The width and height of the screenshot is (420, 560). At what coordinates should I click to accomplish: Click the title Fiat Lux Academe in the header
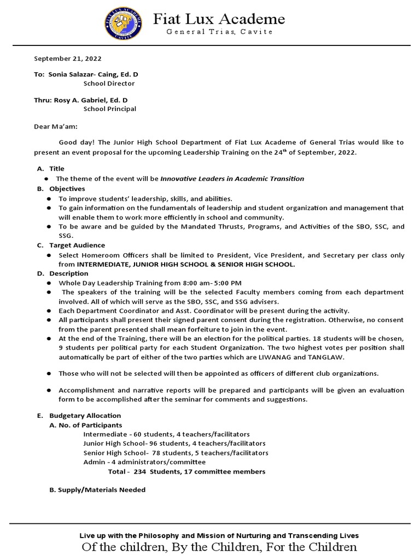pyautogui.click(x=219, y=20)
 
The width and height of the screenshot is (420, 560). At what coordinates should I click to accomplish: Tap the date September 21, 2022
pyautogui.click(x=68, y=59)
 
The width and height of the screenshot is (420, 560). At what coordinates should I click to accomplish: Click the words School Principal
pyautogui.click(x=109, y=109)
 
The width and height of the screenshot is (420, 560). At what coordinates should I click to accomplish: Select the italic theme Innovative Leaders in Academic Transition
pyautogui.click(x=232, y=179)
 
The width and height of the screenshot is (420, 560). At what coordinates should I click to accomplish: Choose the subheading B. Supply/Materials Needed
pyautogui.click(x=97, y=490)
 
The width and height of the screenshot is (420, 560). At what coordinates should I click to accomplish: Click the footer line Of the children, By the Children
pyautogui.click(x=219, y=547)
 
